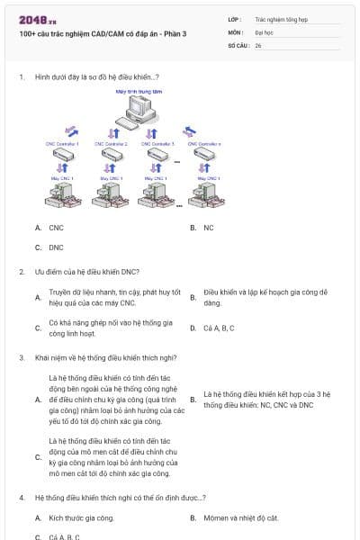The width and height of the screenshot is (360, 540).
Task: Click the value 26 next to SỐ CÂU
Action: pos(258,44)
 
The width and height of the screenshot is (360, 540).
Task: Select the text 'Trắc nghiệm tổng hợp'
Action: pos(279,18)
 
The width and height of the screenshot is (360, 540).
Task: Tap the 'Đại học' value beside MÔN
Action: pos(264,31)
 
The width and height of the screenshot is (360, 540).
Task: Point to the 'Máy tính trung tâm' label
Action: pos(138,91)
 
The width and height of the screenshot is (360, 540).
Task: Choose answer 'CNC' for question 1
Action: pos(56,228)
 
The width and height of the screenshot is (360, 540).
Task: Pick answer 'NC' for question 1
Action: pos(208,228)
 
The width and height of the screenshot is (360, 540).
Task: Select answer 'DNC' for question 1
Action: pos(56,247)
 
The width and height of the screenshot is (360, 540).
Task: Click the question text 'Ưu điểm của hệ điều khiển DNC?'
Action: pos(86,271)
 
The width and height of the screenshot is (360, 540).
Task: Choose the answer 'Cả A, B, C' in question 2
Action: pos(219,328)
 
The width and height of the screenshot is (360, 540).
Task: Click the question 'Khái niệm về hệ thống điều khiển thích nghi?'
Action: pos(105,357)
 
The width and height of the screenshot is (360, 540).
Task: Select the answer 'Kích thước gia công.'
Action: pos(81,517)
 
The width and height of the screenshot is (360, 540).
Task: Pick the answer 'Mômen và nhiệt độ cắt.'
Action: pos(240,517)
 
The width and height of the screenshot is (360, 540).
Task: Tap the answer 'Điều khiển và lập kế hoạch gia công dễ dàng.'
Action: pos(265,297)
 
